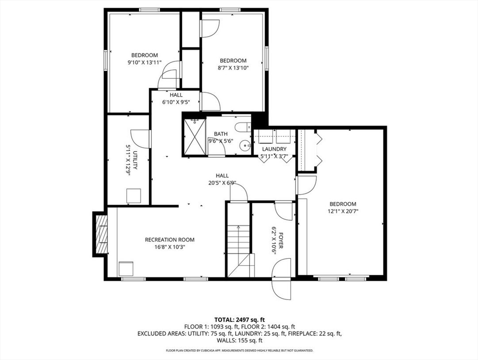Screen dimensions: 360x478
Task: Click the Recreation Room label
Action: pos(170,240)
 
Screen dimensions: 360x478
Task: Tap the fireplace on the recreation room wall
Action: pos(101,234)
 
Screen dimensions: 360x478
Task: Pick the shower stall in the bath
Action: pos(194,136)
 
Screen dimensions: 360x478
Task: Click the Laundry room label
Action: pos(274,149)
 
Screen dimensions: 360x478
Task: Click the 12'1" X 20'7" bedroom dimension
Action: pos(343,211)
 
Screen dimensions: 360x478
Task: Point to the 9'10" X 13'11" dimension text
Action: pos(144,62)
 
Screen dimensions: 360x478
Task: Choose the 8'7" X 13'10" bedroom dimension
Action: pos(233,67)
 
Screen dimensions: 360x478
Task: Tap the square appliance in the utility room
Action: pos(134,195)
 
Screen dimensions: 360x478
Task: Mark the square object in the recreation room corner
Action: pos(126,269)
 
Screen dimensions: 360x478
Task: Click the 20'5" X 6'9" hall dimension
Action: pos(222,183)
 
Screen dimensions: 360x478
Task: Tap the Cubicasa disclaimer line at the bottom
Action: pos(239,350)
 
